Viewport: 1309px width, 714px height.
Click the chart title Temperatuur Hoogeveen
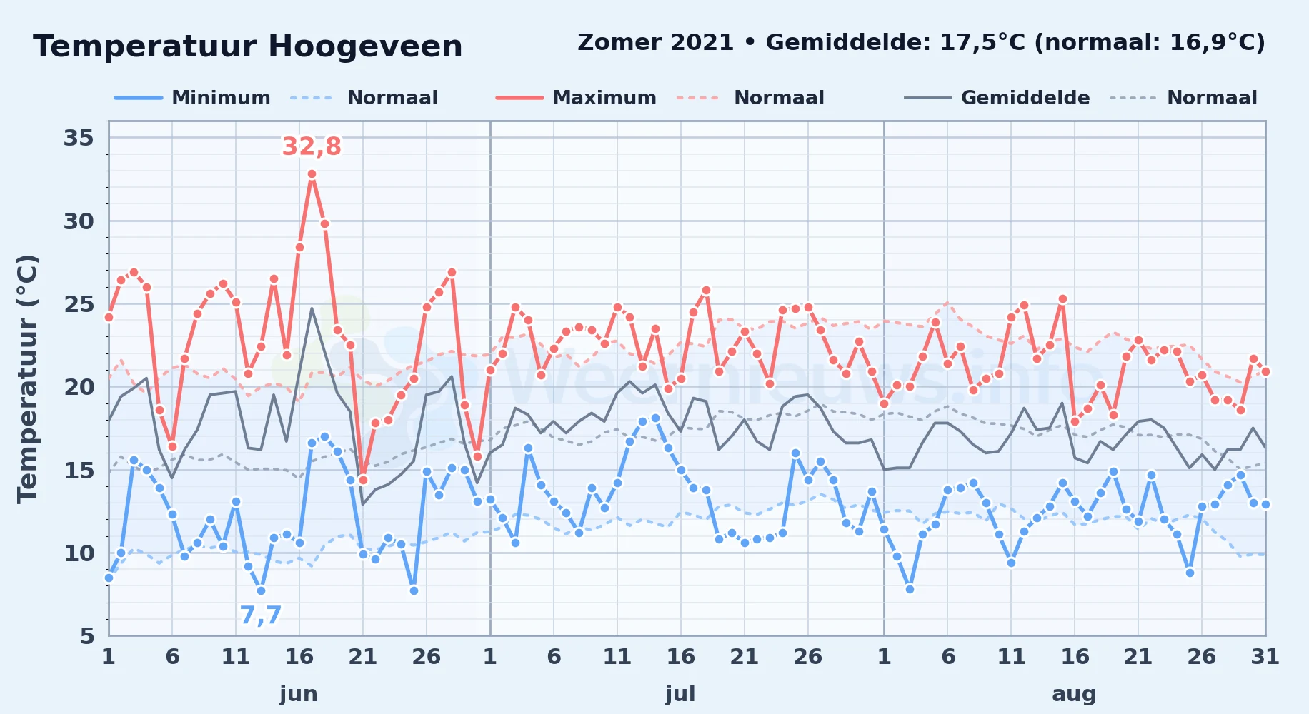click(248, 47)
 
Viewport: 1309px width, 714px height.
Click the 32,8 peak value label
click(312, 146)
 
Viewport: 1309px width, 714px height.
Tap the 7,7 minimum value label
click(260, 615)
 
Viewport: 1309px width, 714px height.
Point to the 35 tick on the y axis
click(79, 138)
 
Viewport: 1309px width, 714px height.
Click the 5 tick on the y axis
click(87, 635)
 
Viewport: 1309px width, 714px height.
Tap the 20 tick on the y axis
click(79, 387)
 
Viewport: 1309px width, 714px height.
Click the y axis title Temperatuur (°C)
click(27, 379)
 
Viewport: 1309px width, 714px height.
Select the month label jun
click(299, 694)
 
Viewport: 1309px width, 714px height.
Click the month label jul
click(680, 694)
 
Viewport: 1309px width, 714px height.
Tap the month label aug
click(1074, 694)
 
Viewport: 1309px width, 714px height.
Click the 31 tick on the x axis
click(1265, 656)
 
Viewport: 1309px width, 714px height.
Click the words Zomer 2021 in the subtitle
click(655, 42)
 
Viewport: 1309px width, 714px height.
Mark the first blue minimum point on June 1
click(109, 578)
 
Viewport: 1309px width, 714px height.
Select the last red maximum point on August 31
click(1265, 371)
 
